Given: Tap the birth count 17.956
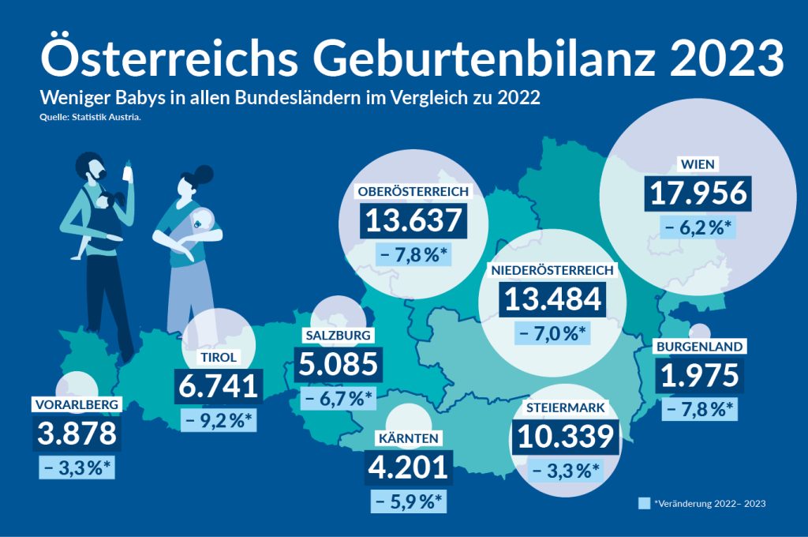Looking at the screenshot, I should (x=698, y=194).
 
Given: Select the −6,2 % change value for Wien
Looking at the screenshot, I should (x=698, y=229).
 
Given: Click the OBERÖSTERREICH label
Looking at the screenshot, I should (x=414, y=192).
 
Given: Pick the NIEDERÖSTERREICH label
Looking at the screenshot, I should (x=552, y=270).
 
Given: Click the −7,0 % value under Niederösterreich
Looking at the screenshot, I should (x=552, y=332).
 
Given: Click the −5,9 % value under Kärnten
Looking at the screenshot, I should (x=407, y=501).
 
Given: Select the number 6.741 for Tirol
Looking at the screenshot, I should (x=218, y=386).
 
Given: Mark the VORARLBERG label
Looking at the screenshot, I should (x=77, y=405).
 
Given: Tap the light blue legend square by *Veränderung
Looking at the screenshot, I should (x=644, y=502).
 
